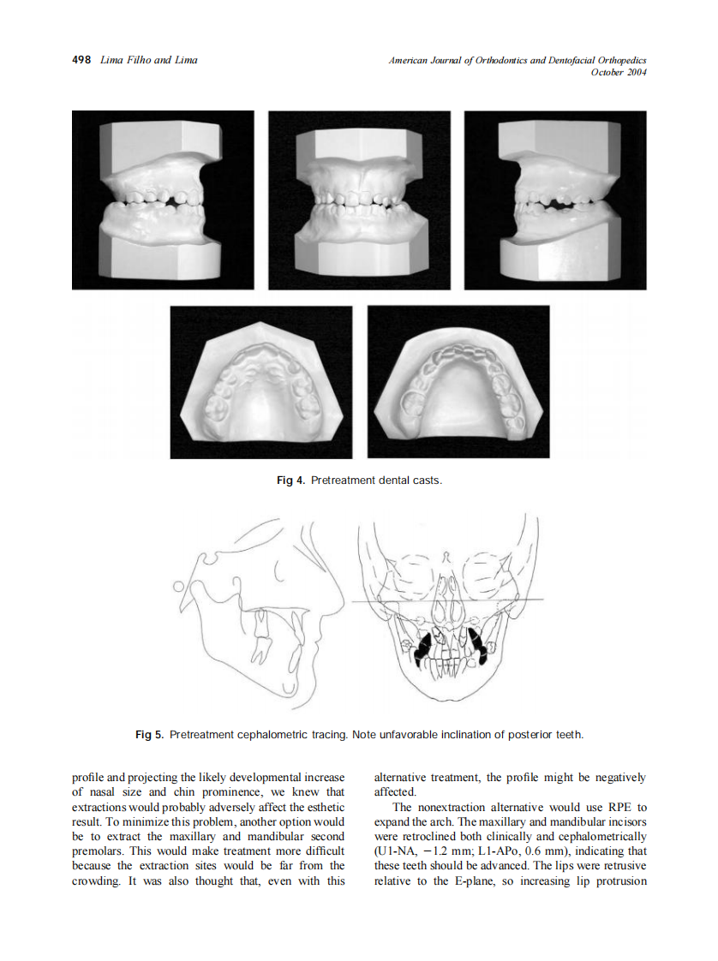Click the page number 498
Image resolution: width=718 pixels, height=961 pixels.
pos(81,60)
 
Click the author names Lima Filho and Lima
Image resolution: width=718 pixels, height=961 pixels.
pos(148,60)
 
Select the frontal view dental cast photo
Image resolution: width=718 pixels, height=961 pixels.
pos(359,200)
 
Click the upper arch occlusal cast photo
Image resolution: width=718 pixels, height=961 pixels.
pos(260,382)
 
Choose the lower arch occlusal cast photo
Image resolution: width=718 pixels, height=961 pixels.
pos(458,382)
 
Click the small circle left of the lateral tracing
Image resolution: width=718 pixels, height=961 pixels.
pos(178,587)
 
